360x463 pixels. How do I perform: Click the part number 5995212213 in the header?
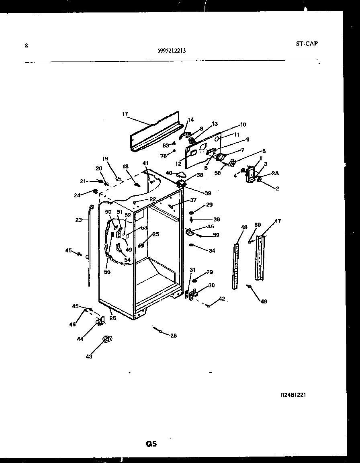pyautogui.click(x=172, y=51)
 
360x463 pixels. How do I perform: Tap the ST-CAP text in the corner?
pyautogui.click(x=304, y=44)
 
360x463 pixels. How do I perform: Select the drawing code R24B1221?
pyautogui.click(x=293, y=395)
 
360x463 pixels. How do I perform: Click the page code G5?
pyautogui.click(x=151, y=444)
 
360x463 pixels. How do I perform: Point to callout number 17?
pyautogui.click(x=125, y=115)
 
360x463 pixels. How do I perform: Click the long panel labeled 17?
pyautogui.click(x=155, y=133)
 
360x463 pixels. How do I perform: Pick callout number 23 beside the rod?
pyautogui.click(x=78, y=220)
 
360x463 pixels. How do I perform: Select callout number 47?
pyautogui.click(x=278, y=221)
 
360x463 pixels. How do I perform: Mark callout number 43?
pyautogui.click(x=89, y=356)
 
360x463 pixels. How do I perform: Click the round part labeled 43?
pyautogui.click(x=107, y=340)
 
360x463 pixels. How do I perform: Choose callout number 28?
pyautogui.click(x=173, y=336)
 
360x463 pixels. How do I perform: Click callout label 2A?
pyautogui.click(x=275, y=173)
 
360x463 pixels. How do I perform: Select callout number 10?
pyautogui.click(x=243, y=125)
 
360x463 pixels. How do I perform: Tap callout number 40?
pyautogui.click(x=169, y=173)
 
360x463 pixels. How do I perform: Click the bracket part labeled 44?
pyautogui.click(x=100, y=320)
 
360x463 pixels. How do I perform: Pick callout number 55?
pyautogui.click(x=107, y=272)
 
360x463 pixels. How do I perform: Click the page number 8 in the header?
pyautogui.click(x=27, y=46)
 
